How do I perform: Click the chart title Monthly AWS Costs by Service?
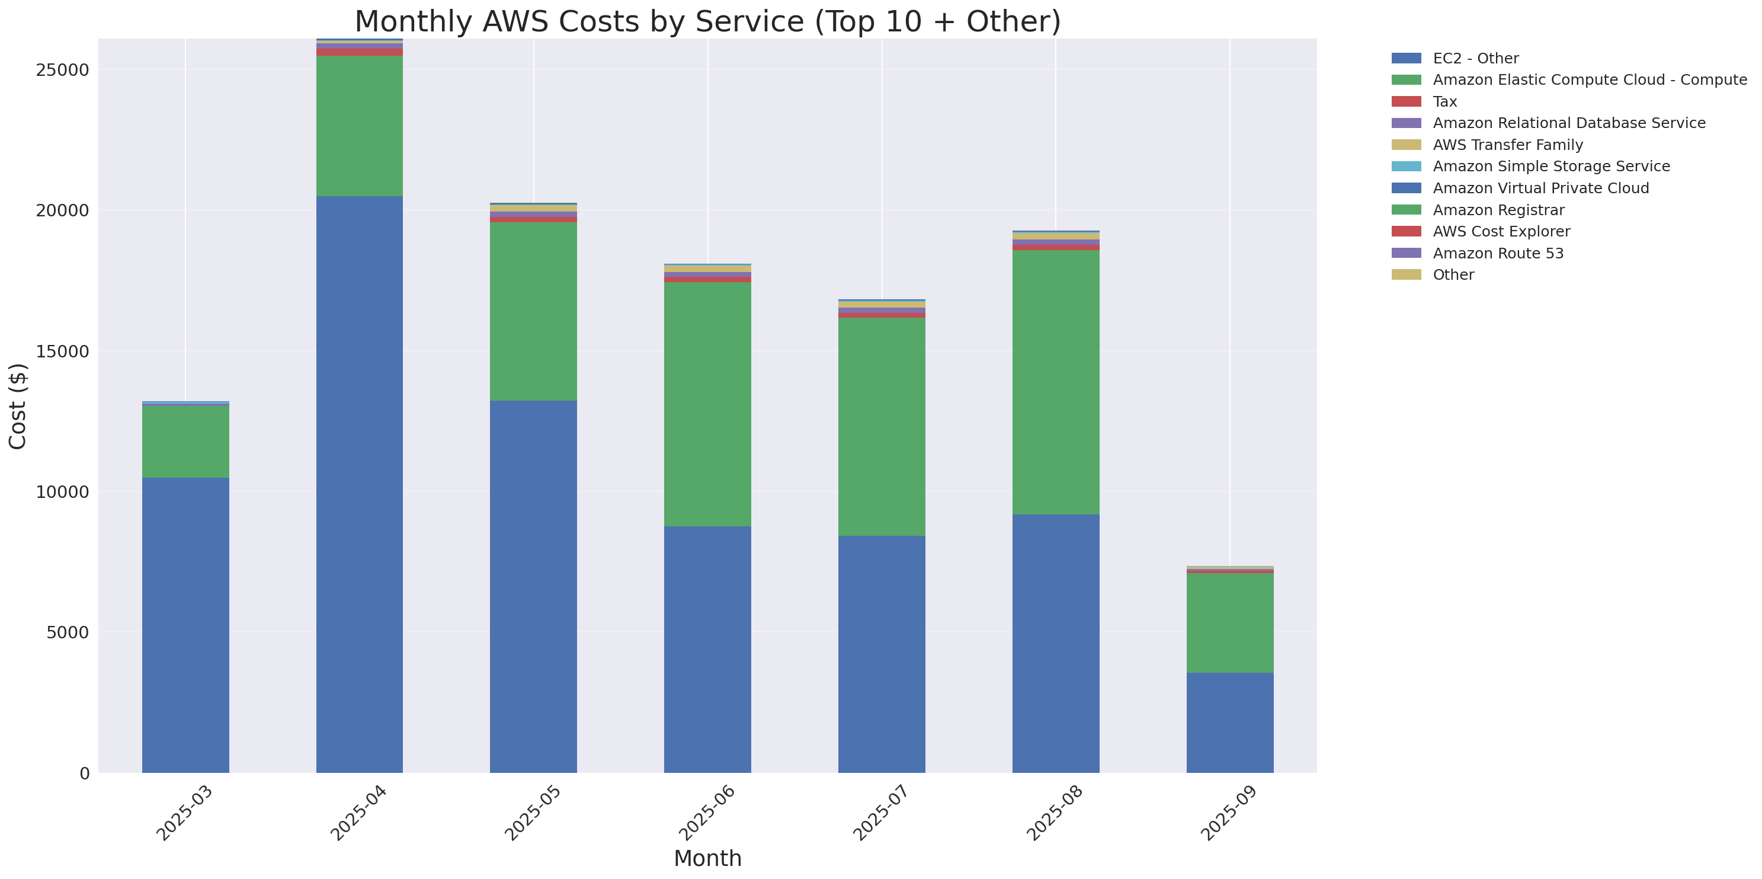click(x=707, y=21)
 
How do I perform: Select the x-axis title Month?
click(x=707, y=858)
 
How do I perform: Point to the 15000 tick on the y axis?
click(x=62, y=351)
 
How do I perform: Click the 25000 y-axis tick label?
click(x=62, y=70)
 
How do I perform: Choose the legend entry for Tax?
click(x=1444, y=101)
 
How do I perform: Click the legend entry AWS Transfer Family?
click(x=1508, y=145)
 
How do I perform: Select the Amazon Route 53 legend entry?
click(x=1498, y=253)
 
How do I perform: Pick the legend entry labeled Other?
click(x=1453, y=274)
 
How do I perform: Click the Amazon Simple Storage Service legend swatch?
click(x=1407, y=166)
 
